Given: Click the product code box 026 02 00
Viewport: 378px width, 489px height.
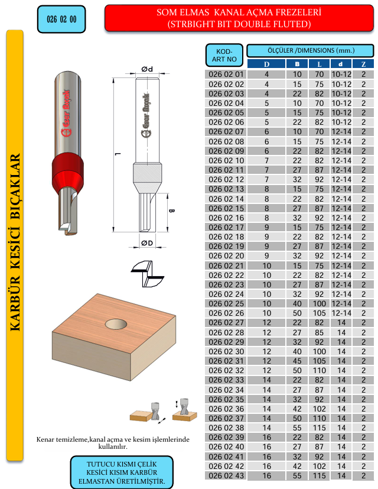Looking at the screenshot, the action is click(61, 20).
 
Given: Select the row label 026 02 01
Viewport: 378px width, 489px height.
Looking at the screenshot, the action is click(226, 75).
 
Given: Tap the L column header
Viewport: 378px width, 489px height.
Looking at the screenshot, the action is click(319, 64).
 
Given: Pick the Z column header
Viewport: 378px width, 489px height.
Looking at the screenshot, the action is click(363, 64).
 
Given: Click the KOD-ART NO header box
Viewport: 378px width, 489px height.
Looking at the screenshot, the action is click(224, 55).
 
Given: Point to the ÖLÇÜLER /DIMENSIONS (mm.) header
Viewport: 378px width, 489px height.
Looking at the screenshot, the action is click(311, 50).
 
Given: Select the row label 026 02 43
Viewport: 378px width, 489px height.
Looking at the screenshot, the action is click(226, 475).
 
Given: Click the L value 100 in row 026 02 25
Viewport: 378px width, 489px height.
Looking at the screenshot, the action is click(319, 304).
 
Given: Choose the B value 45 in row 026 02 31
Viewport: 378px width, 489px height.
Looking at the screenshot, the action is click(297, 361).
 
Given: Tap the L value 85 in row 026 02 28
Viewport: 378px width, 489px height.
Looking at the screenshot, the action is click(319, 332).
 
